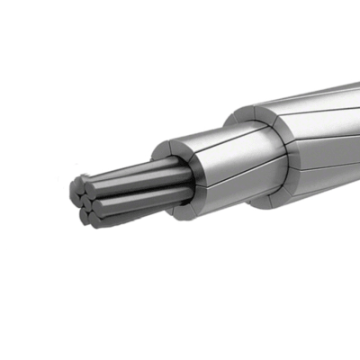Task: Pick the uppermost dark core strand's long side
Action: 135,168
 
